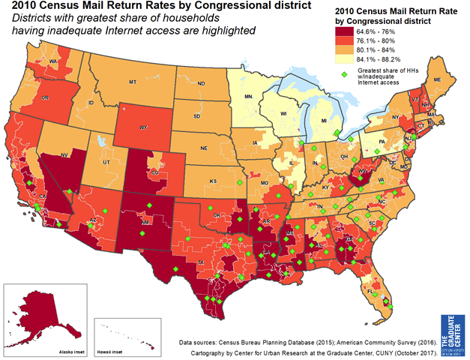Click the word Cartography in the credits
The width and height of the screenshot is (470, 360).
click(x=212, y=351)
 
